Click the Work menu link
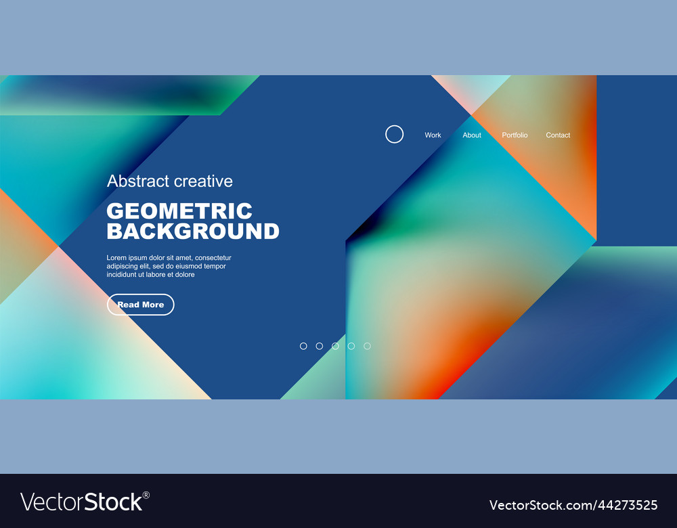click(433, 135)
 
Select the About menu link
click(472, 135)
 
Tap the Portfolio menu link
click(515, 135)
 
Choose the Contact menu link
click(558, 135)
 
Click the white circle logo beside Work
click(394, 134)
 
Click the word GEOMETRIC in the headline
click(179, 211)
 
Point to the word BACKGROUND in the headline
click(193, 232)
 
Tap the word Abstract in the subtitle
click(138, 181)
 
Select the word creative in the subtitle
click(203, 181)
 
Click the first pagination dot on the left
click(303, 346)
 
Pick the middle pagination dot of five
click(335, 346)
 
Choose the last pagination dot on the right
click(367, 346)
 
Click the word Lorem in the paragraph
click(116, 258)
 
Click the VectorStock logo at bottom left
click(81, 502)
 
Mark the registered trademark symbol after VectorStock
click(146, 495)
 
